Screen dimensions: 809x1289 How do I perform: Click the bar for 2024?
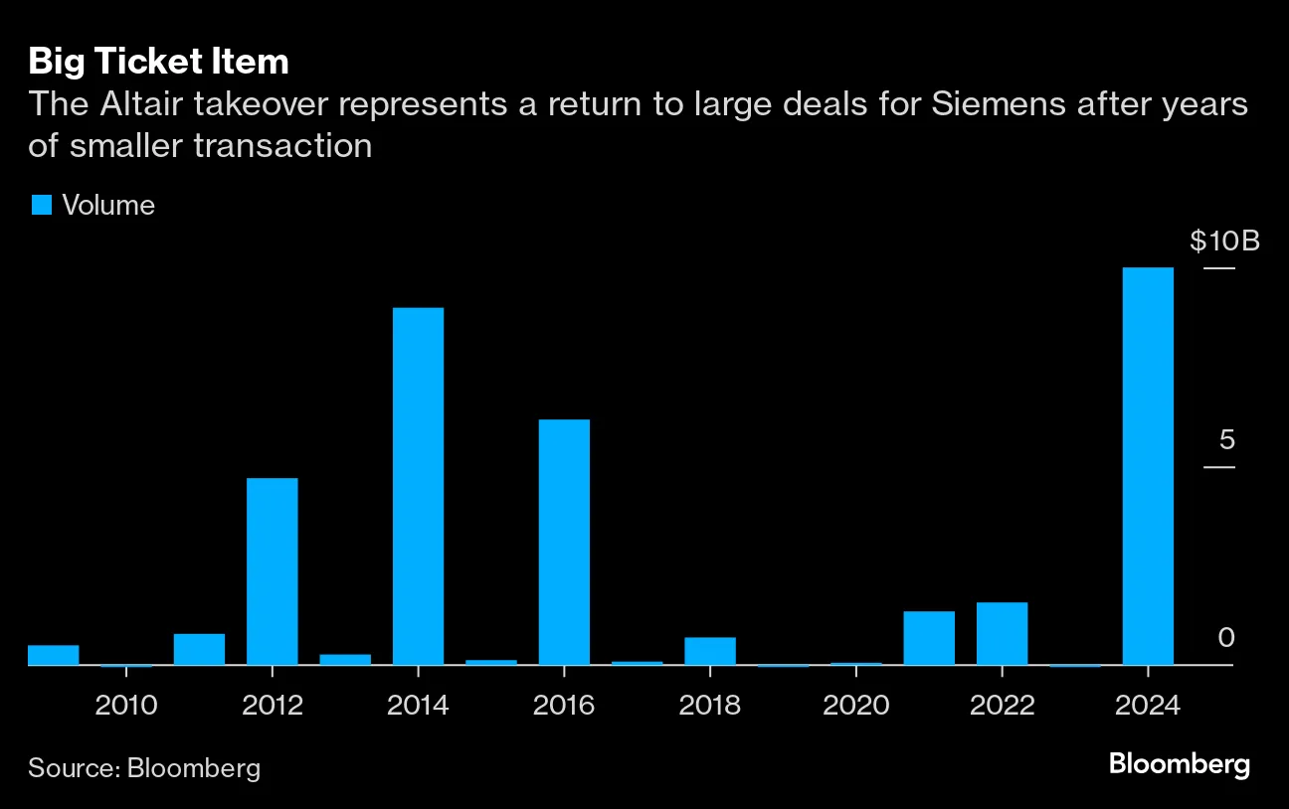(x=1148, y=466)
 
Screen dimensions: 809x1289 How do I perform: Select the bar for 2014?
(x=418, y=486)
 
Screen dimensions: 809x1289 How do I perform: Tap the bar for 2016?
(x=564, y=542)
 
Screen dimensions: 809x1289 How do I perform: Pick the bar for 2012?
(x=272, y=571)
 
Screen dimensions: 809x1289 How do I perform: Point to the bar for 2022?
(x=1002, y=633)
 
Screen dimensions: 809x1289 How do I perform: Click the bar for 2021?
(x=929, y=638)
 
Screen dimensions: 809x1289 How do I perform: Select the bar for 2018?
(x=710, y=651)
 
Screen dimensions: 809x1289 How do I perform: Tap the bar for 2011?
(x=199, y=649)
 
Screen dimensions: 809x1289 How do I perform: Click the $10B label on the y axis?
(x=1224, y=241)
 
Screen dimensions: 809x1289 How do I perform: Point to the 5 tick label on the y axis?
(x=1226, y=439)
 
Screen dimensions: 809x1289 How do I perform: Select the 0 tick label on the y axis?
(x=1226, y=637)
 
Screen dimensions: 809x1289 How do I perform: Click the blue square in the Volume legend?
(x=41, y=205)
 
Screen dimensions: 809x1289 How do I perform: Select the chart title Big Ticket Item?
(x=158, y=62)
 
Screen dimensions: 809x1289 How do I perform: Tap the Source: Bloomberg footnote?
(x=144, y=767)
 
